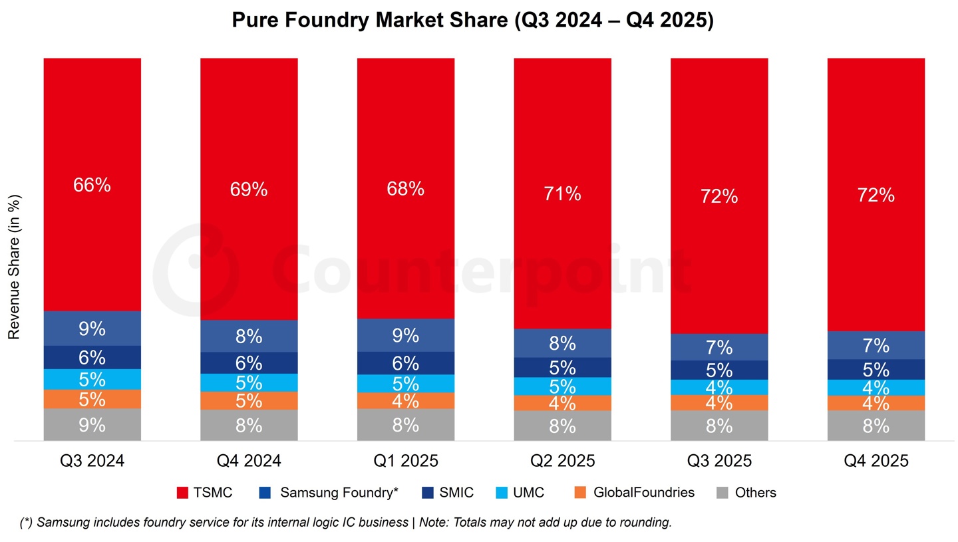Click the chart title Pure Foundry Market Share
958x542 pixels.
(x=472, y=21)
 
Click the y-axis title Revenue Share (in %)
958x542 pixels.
(x=15, y=267)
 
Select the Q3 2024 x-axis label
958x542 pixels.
(x=92, y=461)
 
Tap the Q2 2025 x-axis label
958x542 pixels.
(x=562, y=461)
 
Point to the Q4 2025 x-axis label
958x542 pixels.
(x=876, y=461)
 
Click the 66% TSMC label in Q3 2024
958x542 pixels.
(x=92, y=186)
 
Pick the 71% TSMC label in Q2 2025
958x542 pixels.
(x=562, y=194)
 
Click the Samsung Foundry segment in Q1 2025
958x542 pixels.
(x=405, y=335)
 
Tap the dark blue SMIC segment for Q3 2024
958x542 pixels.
(x=92, y=357)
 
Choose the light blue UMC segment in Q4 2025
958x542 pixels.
(x=876, y=387)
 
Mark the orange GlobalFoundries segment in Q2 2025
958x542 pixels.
(x=562, y=403)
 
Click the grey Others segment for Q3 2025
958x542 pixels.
(x=719, y=426)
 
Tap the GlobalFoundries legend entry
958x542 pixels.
(x=635, y=493)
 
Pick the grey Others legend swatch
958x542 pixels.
(x=722, y=493)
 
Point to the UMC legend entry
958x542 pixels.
(x=520, y=493)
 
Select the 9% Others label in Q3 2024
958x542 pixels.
(x=92, y=425)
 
